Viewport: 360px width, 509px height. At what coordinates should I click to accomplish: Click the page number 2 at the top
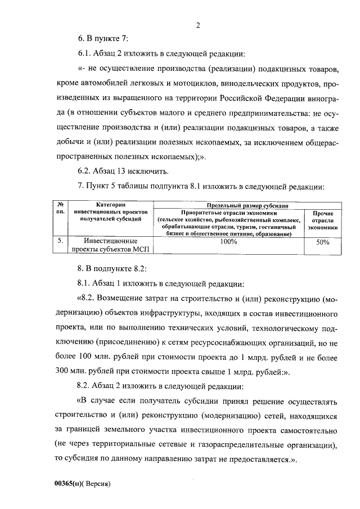198,25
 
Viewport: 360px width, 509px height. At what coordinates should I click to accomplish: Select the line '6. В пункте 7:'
103,39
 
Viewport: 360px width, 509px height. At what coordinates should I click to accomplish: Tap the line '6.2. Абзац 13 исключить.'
122,171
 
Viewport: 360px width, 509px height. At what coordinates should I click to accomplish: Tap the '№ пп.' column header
64,209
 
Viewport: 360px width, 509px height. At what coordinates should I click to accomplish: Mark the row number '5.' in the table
61,241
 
